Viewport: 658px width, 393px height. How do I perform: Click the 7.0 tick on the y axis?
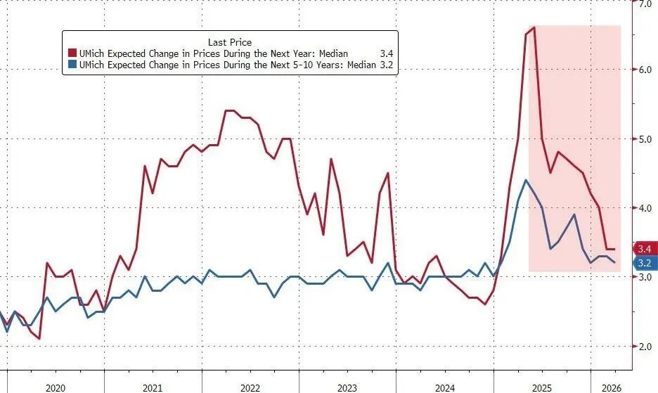644,4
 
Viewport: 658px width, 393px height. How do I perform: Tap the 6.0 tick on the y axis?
644,70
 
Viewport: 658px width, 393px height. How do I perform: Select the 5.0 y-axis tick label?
644,139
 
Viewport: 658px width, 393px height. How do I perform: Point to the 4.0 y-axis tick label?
644,208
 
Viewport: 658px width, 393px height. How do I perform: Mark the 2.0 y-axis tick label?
644,346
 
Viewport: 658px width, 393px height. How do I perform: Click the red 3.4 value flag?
645,249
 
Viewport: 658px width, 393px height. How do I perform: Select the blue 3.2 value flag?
645,263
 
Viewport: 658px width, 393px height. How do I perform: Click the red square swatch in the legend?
72,54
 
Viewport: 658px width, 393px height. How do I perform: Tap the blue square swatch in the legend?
72,66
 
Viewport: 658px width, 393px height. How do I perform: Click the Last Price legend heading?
229,42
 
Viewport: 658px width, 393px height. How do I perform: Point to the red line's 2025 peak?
534,27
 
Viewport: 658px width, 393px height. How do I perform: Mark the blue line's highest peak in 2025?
527,180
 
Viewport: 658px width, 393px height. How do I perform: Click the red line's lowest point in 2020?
39,339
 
